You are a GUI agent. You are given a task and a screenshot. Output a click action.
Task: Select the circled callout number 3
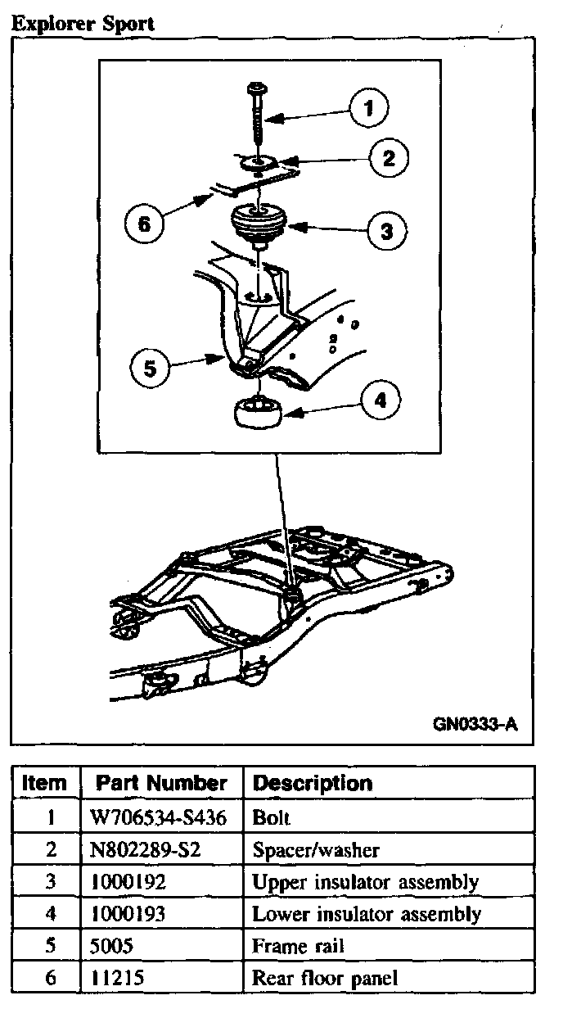pos(385,230)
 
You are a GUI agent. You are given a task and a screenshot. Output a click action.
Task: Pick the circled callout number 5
pos(149,369)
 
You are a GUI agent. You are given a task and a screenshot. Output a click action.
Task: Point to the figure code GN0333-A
pos(476,724)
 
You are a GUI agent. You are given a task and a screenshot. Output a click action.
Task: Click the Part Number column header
pos(161,782)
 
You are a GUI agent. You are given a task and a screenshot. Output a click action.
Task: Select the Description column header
pos(313,783)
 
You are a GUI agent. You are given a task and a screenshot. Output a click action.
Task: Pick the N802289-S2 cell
pos(146,849)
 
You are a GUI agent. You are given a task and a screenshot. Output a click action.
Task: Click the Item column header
pos(45,782)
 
